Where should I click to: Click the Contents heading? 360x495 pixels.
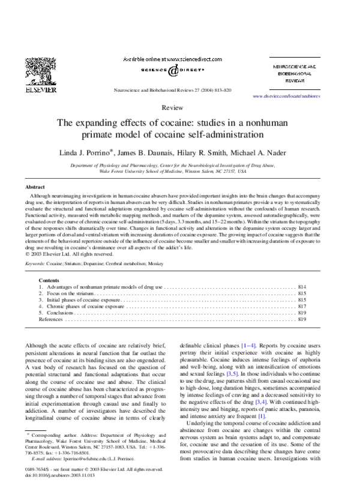(49, 280)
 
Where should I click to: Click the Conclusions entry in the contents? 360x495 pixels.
(60, 313)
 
